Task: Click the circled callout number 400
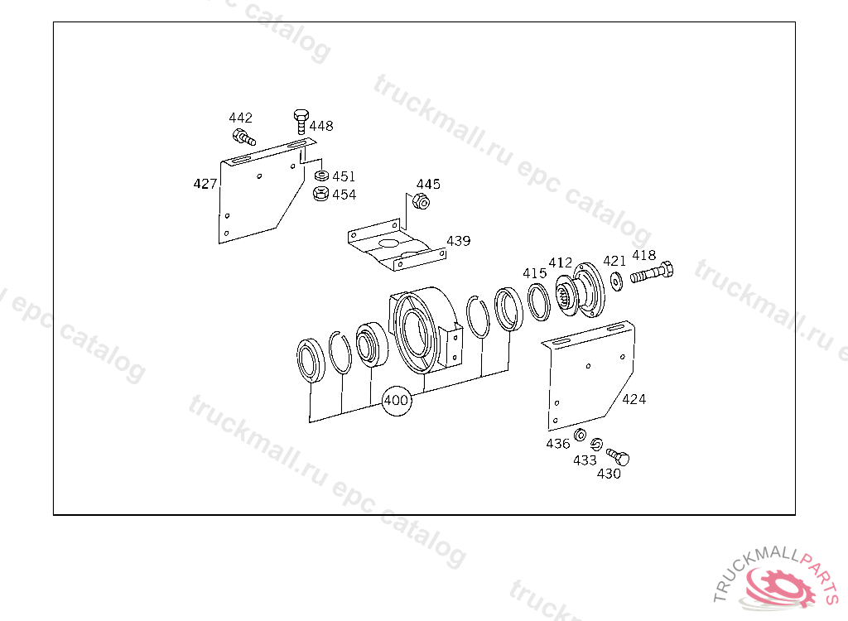point(396,400)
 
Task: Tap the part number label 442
point(241,118)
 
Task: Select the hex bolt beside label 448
point(301,122)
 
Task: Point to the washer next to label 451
point(322,176)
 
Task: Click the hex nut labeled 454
point(320,194)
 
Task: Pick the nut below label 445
point(421,202)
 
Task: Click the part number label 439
point(459,241)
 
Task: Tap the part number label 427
point(205,184)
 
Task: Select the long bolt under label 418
point(652,272)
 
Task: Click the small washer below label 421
point(616,280)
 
